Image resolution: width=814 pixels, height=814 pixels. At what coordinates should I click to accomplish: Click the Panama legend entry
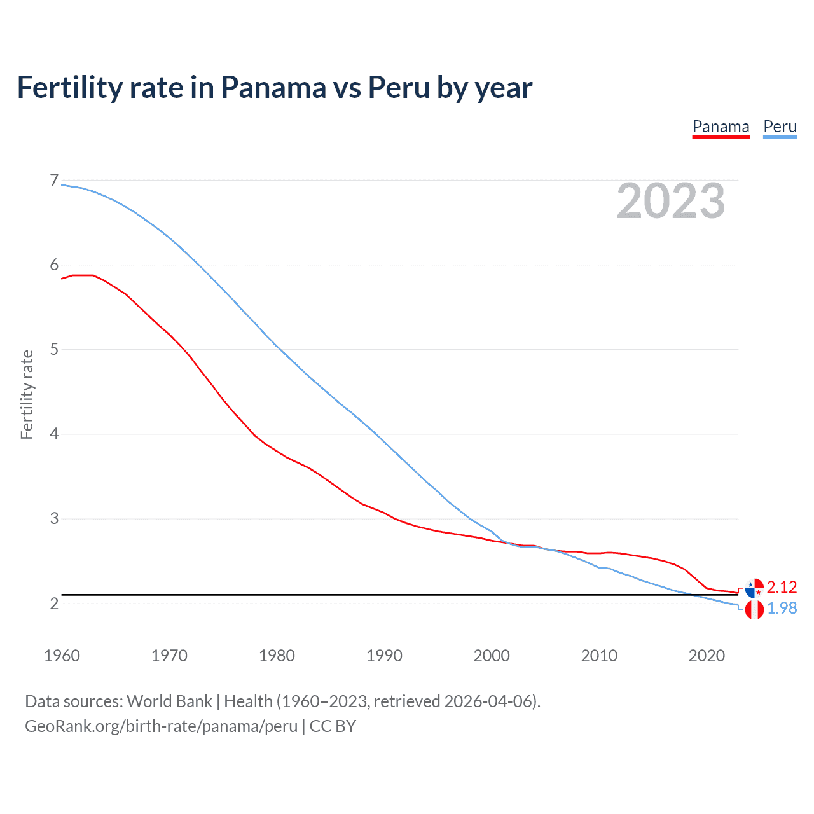(x=721, y=127)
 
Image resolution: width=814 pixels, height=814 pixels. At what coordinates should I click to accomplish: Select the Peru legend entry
(x=780, y=127)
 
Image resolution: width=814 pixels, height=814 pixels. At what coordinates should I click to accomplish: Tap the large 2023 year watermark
(x=670, y=201)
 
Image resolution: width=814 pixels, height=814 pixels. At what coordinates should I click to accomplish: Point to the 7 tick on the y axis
(x=54, y=181)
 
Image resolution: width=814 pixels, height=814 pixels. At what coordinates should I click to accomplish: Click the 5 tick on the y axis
(x=54, y=349)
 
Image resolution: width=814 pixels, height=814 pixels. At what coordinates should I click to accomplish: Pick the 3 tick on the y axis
(x=54, y=518)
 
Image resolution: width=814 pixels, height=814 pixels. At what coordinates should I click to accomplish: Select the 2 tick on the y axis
(x=54, y=603)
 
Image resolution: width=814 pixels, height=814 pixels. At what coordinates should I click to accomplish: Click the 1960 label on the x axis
(x=62, y=656)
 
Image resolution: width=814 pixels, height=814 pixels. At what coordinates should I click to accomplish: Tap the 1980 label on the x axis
(x=277, y=656)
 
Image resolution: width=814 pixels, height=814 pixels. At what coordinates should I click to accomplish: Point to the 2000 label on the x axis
(x=492, y=656)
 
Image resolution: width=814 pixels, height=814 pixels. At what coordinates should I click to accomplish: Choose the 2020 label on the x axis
(x=707, y=656)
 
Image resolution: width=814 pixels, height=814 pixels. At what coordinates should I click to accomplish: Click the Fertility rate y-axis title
(x=27, y=394)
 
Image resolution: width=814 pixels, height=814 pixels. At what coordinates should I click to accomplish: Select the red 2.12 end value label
(x=782, y=587)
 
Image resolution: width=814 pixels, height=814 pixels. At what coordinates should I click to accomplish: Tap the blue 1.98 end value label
(x=782, y=609)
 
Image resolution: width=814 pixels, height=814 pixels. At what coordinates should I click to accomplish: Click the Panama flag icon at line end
(x=754, y=588)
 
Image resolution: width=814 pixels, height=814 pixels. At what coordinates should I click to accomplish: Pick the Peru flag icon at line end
(x=754, y=610)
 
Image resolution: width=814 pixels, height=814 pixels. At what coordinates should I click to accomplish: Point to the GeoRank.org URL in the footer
(x=161, y=726)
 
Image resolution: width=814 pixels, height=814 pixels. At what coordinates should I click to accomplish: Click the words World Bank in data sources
(x=169, y=701)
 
